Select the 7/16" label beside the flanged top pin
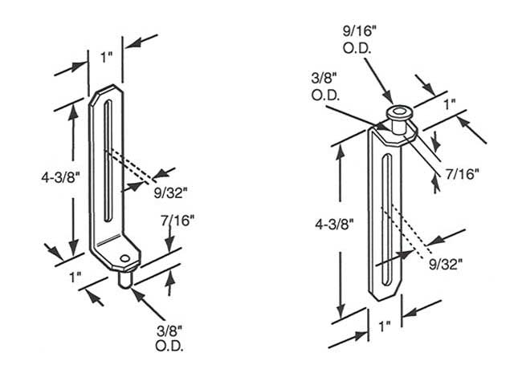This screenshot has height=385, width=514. click(x=464, y=174)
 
